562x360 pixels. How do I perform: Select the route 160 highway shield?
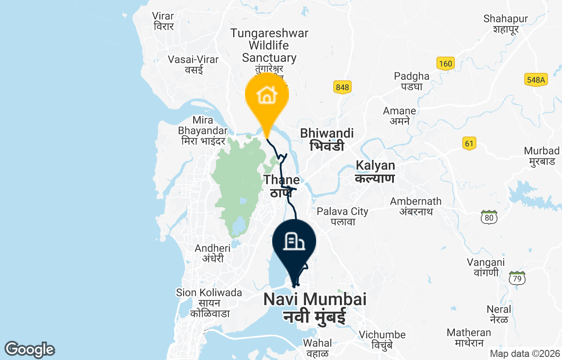coord(445,64)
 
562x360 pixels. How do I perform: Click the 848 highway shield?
coord(342,87)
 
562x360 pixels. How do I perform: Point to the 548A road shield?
coord(536,79)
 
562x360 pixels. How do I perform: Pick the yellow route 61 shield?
coord(469,143)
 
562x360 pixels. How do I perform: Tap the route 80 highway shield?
coord(489,217)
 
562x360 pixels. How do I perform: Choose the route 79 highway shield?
coord(518,278)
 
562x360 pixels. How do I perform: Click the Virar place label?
coord(163,21)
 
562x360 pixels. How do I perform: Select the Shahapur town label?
coord(506,24)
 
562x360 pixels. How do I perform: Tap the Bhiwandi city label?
coord(327,139)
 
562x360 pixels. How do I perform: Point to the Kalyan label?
coord(375,172)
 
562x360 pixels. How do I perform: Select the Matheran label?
coord(469,337)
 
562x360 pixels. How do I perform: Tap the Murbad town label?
coord(542,156)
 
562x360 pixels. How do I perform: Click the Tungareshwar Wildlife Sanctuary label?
coord(269,46)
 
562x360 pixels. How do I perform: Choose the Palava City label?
coord(342,216)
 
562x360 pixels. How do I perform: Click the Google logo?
coord(29,349)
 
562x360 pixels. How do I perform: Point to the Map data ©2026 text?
coord(525,353)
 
